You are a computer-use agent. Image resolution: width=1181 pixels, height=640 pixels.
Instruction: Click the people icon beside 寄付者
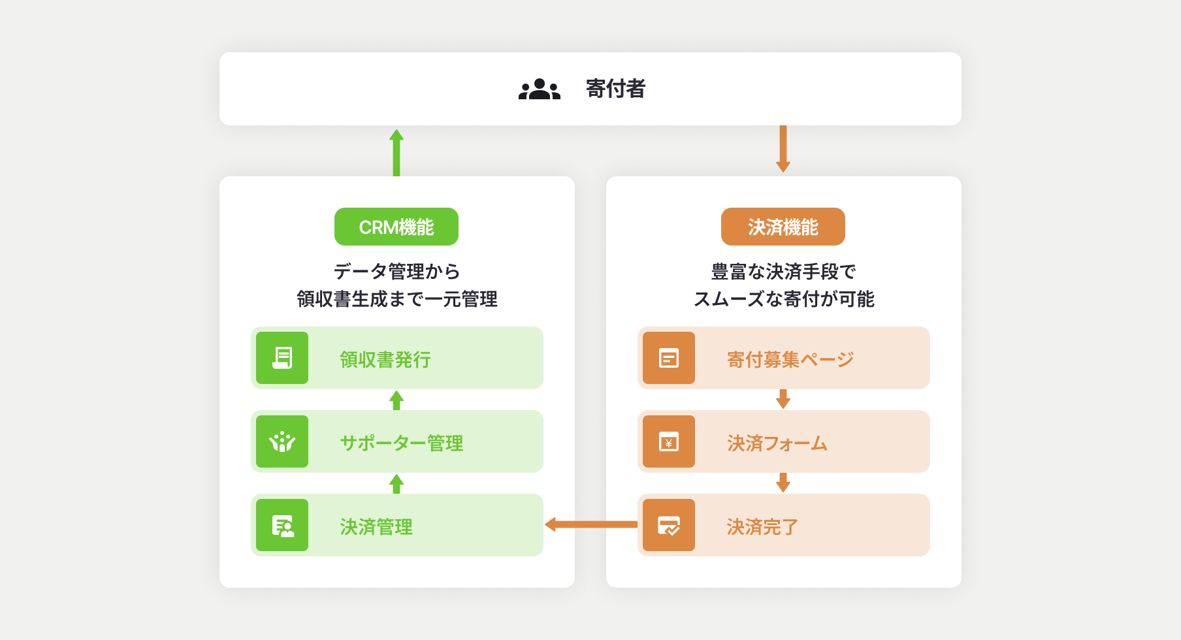pyautogui.click(x=540, y=89)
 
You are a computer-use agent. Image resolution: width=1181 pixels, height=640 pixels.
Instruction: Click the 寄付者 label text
pyautogui.click(x=615, y=89)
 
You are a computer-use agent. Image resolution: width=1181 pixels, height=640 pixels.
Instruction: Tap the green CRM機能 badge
pyautogui.click(x=396, y=227)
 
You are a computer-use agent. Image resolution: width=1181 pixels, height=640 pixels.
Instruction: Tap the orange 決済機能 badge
pyautogui.click(x=783, y=227)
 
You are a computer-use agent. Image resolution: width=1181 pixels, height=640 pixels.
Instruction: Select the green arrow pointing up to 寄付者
pyautogui.click(x=396, y=153)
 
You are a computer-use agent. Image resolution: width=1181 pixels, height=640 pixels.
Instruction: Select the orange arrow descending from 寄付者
pyautogui.click(x=783, y=149)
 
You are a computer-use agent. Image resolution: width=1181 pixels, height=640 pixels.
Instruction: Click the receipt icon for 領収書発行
pyautogui.click(x=282, y=358)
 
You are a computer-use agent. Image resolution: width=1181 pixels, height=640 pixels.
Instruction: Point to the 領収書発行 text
pyautogui.click(x=385, y=359)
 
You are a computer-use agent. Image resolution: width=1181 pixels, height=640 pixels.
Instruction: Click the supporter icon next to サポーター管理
pyautogui.click(x=282, y=441)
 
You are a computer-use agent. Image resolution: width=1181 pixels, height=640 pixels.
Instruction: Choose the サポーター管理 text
pyautogui.click(x=402, y=443)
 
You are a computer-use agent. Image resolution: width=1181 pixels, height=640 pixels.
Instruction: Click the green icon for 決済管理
pyautogui.click(x=282, y=525)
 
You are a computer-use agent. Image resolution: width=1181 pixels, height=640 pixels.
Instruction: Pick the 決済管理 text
pyautogui.click(x=376, y=526)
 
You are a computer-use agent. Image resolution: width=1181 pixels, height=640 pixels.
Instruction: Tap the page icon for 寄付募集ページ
pyautogui.click(x=669, y=358)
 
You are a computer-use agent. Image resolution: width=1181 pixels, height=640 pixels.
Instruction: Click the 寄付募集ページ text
pyautogui.click(x=790, y=359)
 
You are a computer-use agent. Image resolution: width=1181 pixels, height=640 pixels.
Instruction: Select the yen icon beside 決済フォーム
pyautogui.click(x=669, y=441)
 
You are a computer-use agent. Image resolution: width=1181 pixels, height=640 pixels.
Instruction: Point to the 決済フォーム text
pyautogui.click(x=777, y=443)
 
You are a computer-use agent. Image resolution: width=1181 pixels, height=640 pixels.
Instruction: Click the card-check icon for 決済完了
pyautogui.click(x=669, y=525)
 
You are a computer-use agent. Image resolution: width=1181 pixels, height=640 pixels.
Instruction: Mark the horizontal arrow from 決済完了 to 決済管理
pyautogui.click(x=591, y=524)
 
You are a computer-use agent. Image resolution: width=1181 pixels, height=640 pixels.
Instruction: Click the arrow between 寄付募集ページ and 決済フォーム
pyautogui.click(x=783, y=399)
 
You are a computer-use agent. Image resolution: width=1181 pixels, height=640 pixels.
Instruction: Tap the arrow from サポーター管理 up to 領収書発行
pyautogui.click(x=396, y=400)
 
